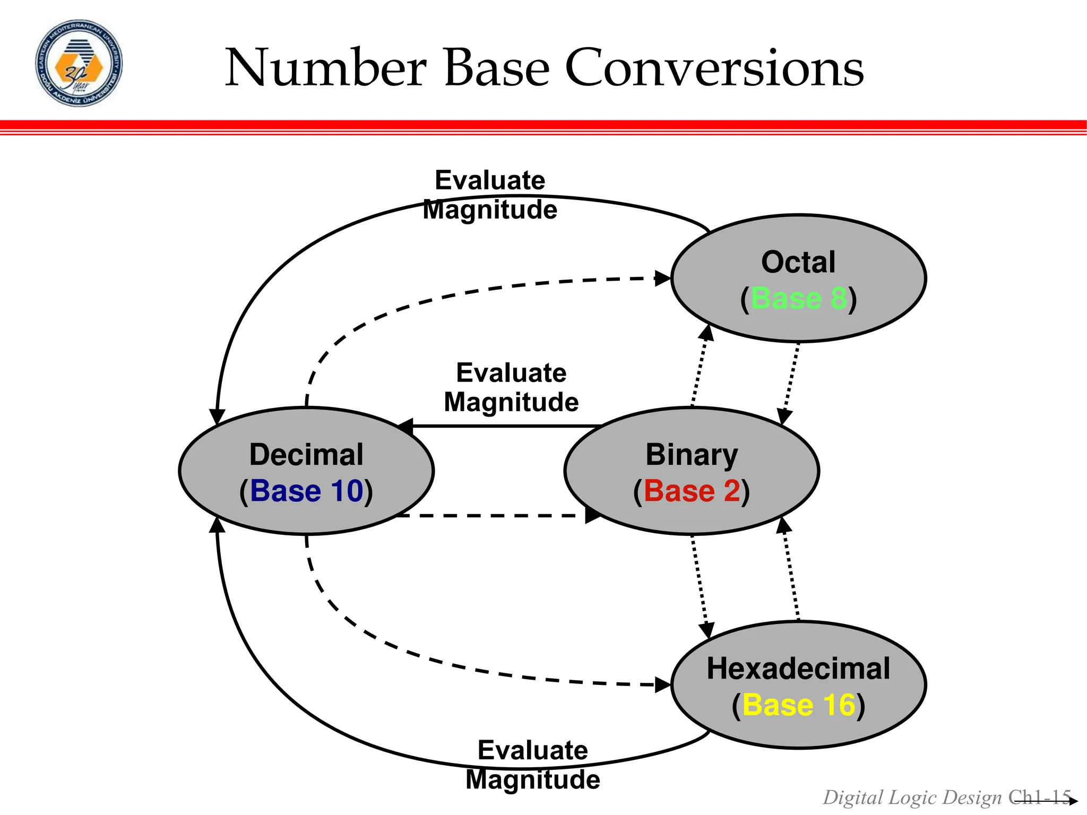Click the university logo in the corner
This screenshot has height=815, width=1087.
pyautogui.click(x=79, y=64)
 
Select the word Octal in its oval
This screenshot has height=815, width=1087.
pyautogui.click(x=798, y=262)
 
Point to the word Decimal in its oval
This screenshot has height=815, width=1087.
pyautogui.click(x=306, y=455)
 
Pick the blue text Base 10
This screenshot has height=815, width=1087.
pyautogui.click(x=306, y=491)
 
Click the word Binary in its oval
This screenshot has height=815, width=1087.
pyautogui.click(x=691, y=455)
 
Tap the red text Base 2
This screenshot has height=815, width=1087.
pyautogui.click(x=691, y=491)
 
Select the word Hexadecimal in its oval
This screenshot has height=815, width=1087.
pyautogui.click(x=798, y=669)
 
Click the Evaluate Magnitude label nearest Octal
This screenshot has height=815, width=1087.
pyautogui.click(x=490, y=195)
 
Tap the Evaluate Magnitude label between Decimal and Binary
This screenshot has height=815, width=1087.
pyautogui.click(x=511, y=387)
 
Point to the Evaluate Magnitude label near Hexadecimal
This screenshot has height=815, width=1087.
pyautogui.click(x=532, y=765)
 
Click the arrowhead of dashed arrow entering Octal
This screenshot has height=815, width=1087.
pyautogui.click(x=663, y=278)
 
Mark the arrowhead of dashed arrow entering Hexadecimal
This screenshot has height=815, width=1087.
pyautogui.click(x=663, y=685)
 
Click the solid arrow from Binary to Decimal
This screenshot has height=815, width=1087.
pyautogui.click(x=504, y=426)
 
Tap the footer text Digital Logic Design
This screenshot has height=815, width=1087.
pyautogui.click(x=912, y=797)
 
